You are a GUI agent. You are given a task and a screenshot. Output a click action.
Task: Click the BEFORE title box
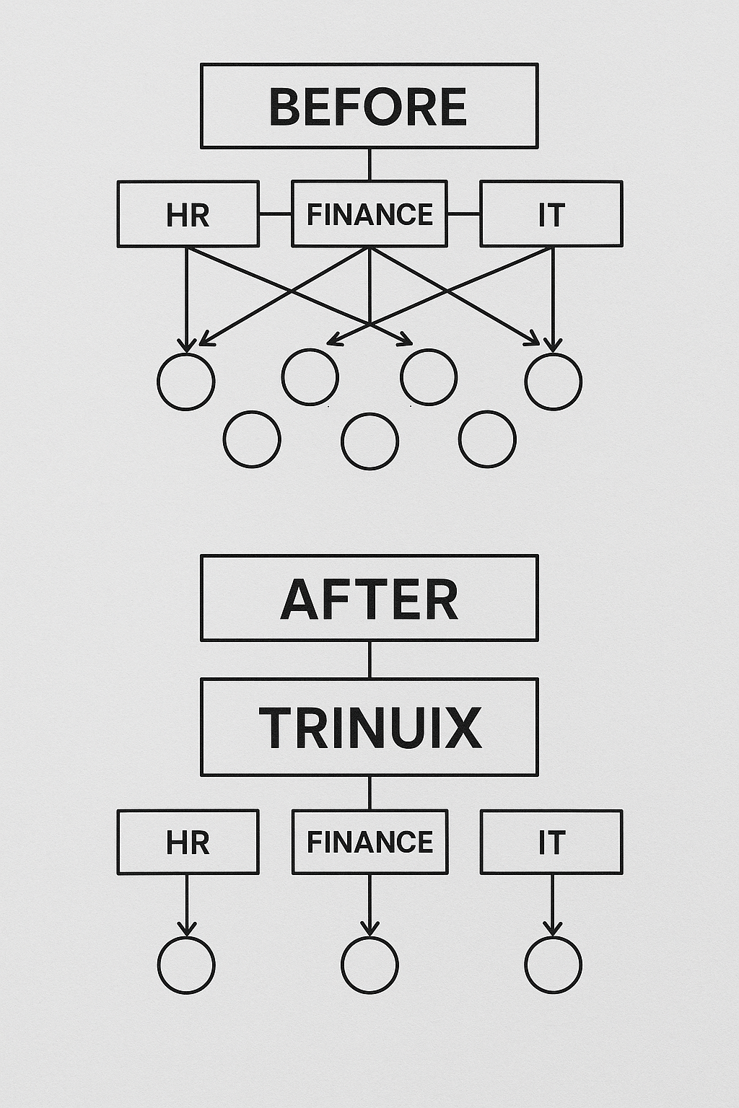[x=369, y=106]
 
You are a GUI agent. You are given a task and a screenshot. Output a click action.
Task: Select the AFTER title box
[x=369, y=598]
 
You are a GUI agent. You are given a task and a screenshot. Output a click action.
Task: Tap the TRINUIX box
[x=369, y=727]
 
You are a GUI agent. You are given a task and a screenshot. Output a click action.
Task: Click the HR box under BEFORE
[x=188, y=214]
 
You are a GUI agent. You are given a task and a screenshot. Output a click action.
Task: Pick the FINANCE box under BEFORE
[x=369, y=214]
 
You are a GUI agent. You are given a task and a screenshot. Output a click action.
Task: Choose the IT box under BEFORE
[x=551, y=214]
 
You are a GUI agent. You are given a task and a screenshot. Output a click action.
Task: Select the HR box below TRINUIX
[x=188, y=842]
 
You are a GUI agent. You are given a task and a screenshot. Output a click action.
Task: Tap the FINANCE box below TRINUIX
[x=369, y=842]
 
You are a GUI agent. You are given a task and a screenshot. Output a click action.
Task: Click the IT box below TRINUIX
[x=551, y=842]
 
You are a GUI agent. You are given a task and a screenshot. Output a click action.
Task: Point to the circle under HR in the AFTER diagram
[x=186, y=965]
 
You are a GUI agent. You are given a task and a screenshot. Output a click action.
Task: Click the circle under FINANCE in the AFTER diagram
[x=369, y=965]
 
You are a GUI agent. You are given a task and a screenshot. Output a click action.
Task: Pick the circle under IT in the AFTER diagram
[x=553, y=965]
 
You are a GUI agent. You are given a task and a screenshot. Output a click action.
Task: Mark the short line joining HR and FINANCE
[x=275, y=214]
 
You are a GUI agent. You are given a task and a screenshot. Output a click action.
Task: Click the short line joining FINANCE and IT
[x=464, y=214]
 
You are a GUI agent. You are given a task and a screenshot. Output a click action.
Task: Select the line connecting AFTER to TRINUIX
[x=369, y=659]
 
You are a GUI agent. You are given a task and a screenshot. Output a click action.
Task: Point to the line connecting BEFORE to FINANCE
[x=369, y=164]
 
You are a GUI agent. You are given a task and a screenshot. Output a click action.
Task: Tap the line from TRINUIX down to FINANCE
[x=369, y=793]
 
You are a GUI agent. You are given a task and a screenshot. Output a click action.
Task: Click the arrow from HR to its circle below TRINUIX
[x=187, y=905]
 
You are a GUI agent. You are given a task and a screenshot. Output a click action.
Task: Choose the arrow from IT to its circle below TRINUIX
[x=553, y=905]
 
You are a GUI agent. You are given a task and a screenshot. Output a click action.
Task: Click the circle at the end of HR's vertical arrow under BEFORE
[x=186, y=381]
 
